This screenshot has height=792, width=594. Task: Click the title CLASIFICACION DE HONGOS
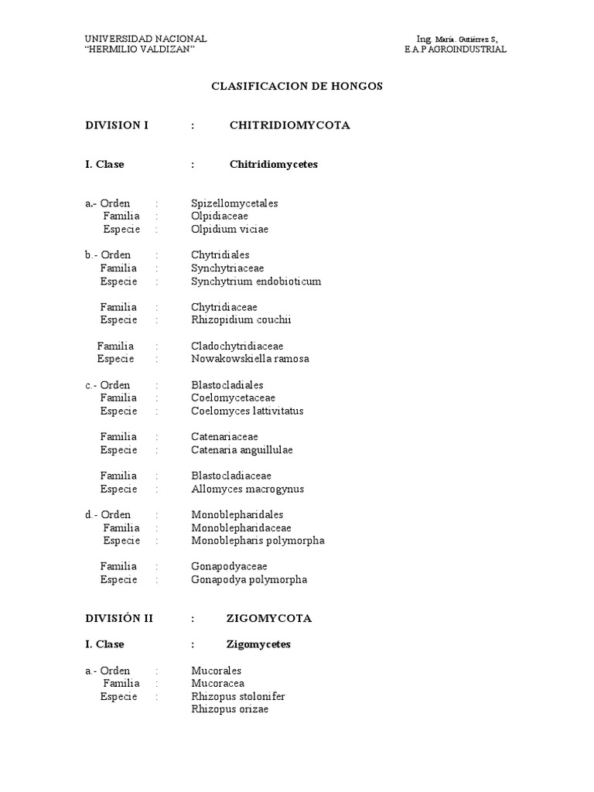coord(297,86)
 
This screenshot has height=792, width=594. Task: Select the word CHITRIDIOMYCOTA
coord(289,125)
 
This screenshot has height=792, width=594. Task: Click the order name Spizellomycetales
coord(234,203)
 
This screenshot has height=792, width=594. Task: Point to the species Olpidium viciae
coord(230,229)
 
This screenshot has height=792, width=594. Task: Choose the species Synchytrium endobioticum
coord(256,282)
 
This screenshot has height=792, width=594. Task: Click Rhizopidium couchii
coord(241,320)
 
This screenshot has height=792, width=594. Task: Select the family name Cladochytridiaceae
coord(237,346)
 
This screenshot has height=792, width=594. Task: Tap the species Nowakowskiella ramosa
coord(250,359)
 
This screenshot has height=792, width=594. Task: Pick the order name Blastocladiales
coord(227,385)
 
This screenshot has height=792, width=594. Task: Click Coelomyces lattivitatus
coord(247,411)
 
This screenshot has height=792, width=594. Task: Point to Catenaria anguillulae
coord(242,450)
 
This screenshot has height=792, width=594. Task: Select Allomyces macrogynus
coord(247,489)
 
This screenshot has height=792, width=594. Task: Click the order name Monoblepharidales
coord(237,514)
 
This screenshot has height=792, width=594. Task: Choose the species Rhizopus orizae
coord(230,709)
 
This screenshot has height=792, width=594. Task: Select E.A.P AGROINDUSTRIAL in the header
coord(456,49)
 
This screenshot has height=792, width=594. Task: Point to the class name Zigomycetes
coord(258,644)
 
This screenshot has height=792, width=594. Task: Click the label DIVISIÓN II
coord(119,618)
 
